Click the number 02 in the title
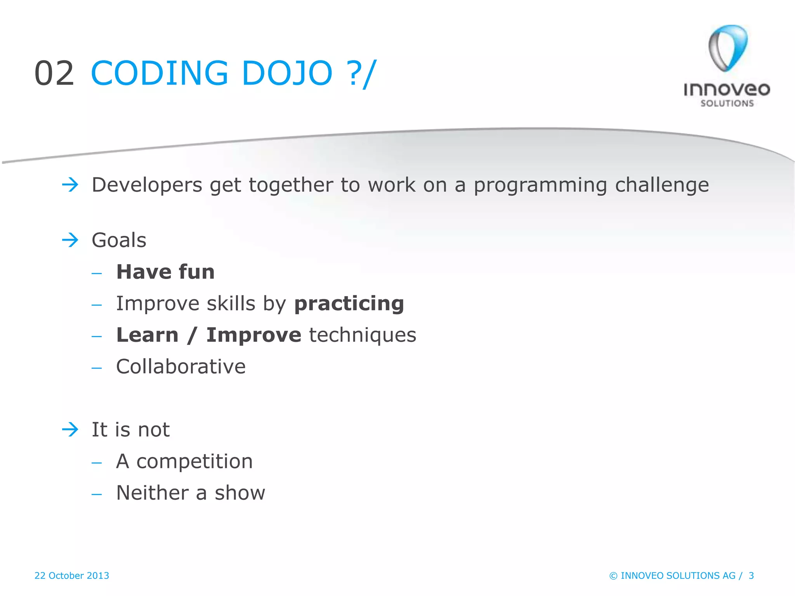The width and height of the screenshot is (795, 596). tap(54, 73)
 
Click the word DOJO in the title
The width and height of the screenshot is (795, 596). tap(287, 73)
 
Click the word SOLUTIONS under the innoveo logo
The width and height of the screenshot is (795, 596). tap(727, 103)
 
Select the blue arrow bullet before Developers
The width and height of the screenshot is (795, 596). tap(70, 184)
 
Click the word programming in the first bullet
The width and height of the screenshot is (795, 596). tap(540, 185)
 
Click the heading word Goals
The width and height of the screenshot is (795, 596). tap(119, 240)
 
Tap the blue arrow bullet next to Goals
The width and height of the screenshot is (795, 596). tap(70, 240)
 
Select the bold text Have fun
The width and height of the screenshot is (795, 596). tap(165, 272)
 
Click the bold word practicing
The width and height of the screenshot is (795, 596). tap(349, 304)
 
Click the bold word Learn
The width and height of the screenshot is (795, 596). tap(148, 335)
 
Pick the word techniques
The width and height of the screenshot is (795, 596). tap(363, 335)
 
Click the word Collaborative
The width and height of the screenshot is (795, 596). tap(181, 367)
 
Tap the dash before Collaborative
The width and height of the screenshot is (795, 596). tap(97, 367)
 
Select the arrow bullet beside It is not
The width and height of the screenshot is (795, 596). tap(70, 430)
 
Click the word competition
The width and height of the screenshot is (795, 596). tap(194, 462)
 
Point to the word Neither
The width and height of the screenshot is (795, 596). tap(153, 493)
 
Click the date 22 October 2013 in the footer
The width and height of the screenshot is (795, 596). tap(72, 575)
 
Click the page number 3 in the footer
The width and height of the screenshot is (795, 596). tap(751, 575)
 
